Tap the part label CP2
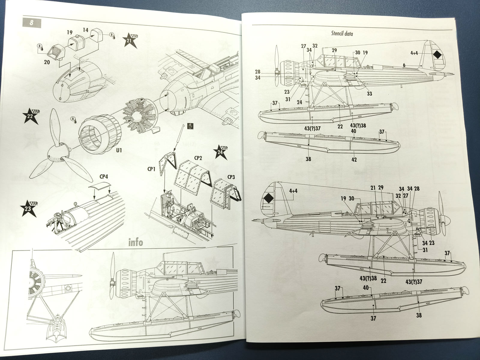(198, 158)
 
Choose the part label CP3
(231, 177)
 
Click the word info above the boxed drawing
(136, 242)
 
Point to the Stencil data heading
(342, 33)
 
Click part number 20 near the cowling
(47, 62)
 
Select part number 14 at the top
(86, 30)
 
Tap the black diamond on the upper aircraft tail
(438, 55)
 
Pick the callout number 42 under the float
(354, 160)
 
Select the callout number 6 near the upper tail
(404, 65)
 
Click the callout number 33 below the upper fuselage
(369, 94)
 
